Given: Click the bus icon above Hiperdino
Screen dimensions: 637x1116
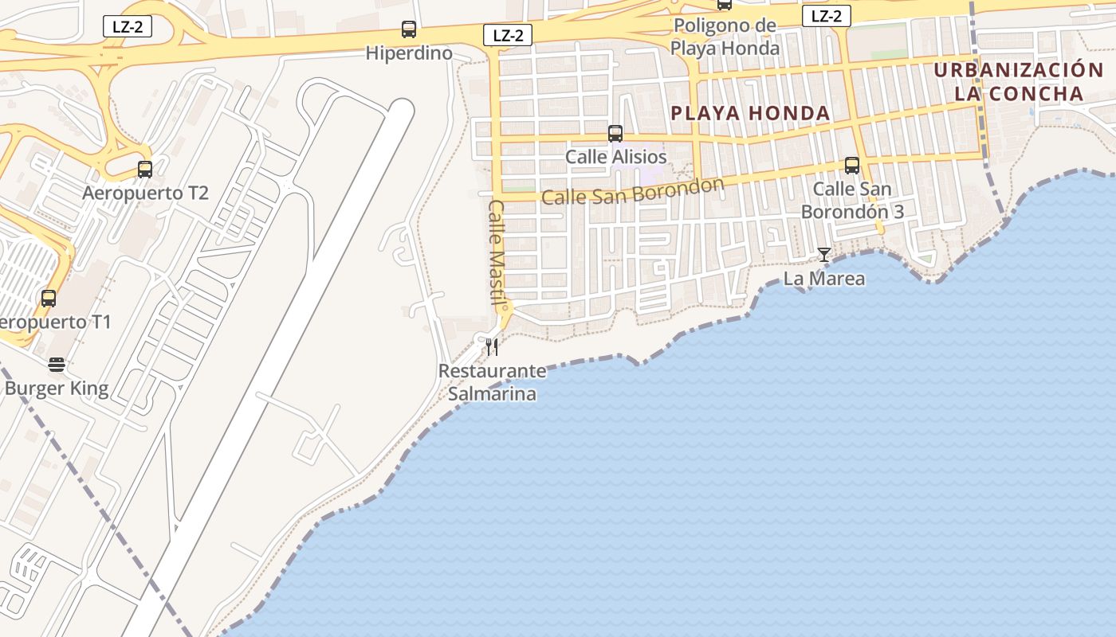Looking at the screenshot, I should click(409, 30).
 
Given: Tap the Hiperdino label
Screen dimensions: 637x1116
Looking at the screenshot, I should click(409, 53).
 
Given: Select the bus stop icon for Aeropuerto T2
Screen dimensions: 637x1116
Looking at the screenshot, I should click(144, 170).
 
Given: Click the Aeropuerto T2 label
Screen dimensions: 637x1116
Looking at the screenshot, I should click(146, 193).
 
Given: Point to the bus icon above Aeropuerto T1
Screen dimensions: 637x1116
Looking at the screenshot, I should click(49, 299).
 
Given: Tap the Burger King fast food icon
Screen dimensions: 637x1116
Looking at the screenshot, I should click(56, 365).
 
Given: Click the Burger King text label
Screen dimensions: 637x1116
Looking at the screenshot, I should click(57, 389).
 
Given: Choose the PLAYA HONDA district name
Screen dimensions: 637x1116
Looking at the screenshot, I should click(750, 113).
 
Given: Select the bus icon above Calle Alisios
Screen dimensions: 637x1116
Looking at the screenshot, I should click(615, 134).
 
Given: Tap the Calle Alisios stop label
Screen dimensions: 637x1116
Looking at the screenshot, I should click(615, 157).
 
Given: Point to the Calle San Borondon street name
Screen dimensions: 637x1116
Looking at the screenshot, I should click(632, 191).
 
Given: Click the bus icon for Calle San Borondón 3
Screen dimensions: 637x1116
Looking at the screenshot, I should click(852, 166).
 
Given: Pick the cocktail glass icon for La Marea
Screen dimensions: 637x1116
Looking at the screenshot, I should click(824, 255).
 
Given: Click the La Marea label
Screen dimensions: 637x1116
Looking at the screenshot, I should click(824, 279).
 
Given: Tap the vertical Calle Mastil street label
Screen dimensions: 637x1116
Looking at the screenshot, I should click(497, 253).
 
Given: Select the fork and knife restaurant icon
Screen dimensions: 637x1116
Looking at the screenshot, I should click(492, 346).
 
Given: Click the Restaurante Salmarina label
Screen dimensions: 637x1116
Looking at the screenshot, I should click(493, 382).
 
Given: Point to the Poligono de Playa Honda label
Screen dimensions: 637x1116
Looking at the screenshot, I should click(725, 37).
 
